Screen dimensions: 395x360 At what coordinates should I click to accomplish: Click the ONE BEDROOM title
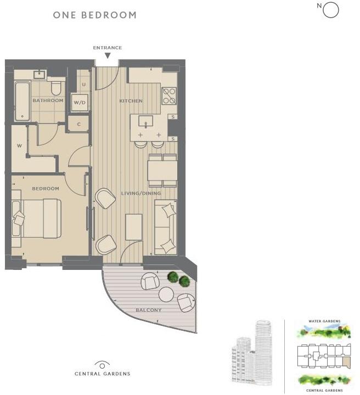pyautogui.click(x=94, y=15)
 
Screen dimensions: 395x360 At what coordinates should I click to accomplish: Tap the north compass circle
pyautogui.click(x=331, y=10)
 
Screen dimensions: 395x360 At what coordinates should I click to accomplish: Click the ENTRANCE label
pyautogui.click(x=107, y=48)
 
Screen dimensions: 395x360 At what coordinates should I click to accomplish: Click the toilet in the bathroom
pyautogui.click(x=55, y=89)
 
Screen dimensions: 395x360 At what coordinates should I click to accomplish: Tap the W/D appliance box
pyautogui.click(x=80, y=103)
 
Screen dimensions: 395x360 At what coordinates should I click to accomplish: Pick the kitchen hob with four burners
pyautogui.click(x=169, y=96)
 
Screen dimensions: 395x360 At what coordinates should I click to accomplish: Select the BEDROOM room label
pyautogui.click(x=46, y=189)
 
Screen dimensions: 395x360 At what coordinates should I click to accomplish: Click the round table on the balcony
pyautogui.click(x=166, y=295)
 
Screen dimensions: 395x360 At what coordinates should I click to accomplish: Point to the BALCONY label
pyautogui.click(x=149, y=311)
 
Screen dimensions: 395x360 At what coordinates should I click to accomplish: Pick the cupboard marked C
pyautogui.click(x=79, y=124)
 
